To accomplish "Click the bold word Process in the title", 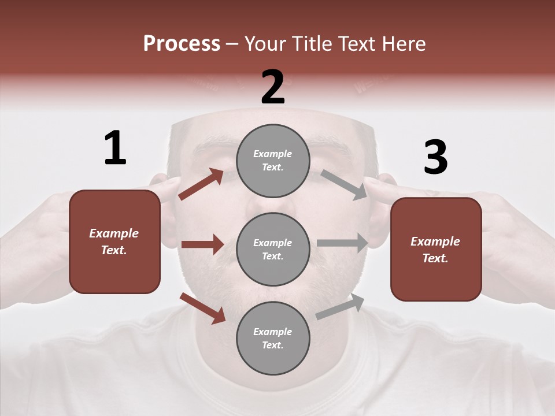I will tap(182, 44).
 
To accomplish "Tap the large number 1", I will tap(115, 148).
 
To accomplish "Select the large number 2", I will tap(273, 87).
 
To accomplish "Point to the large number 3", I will tap(435, 157).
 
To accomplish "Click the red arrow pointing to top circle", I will tap(201, 184).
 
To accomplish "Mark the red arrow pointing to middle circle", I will tap(202, 244).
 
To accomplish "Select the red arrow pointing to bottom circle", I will tap(202, 307).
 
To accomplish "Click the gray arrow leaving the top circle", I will tap(344, 185).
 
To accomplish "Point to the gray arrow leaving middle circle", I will tap(342, 243).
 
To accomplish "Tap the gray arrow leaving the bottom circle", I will tap(340, 307).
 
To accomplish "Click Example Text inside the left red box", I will tap(114, 242).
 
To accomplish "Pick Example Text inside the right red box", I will tap(435, 250).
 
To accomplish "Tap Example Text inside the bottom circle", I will tap(273, 339).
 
